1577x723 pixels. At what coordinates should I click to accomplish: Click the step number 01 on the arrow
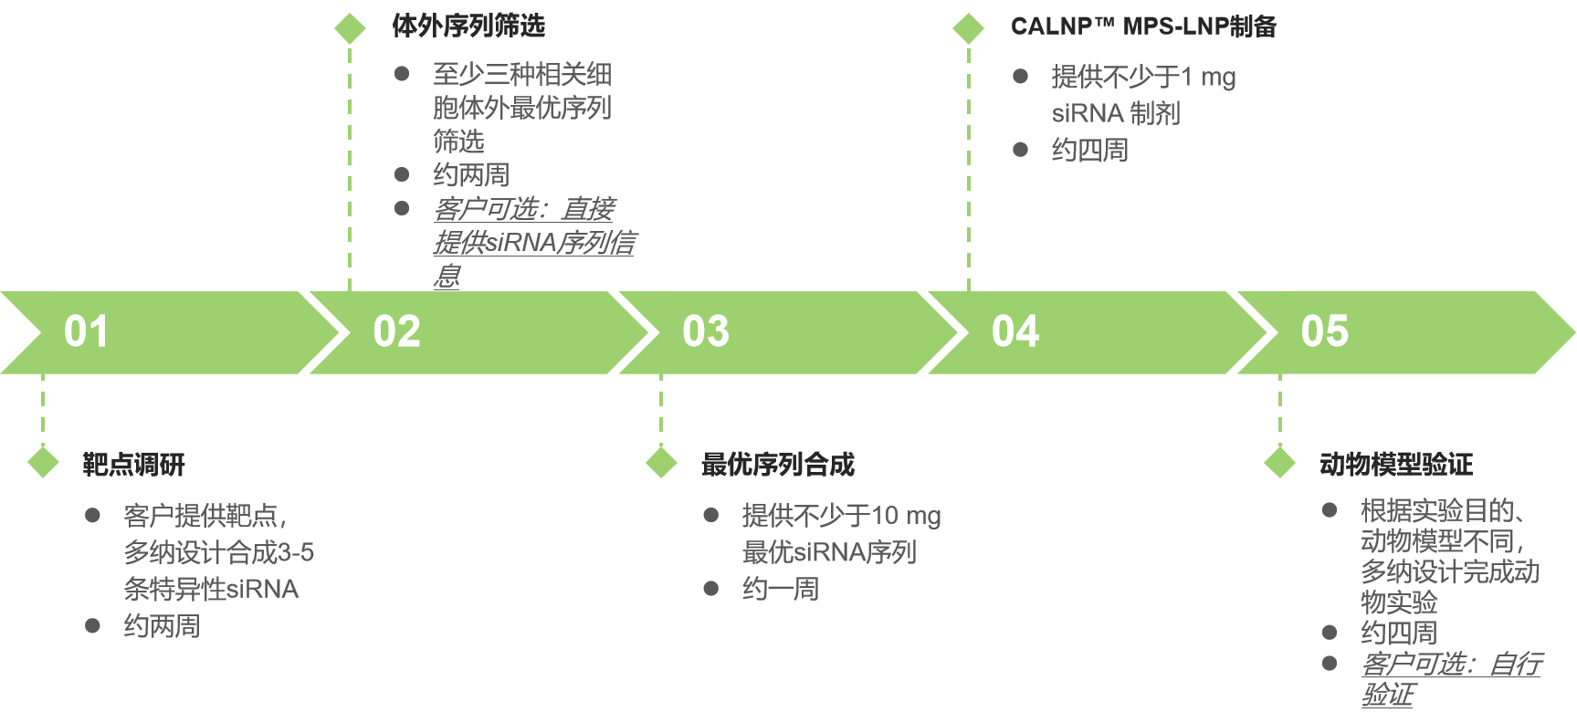[86, 331]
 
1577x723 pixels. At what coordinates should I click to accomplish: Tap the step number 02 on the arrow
[396, 331]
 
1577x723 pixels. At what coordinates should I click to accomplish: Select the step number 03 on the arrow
[706, 331]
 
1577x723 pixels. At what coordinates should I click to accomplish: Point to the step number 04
[1015, 331]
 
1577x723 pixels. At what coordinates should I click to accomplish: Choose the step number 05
[1324, 331]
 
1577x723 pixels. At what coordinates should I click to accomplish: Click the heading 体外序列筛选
[468, 26]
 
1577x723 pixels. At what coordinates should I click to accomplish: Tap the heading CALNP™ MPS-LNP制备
[1143, 26]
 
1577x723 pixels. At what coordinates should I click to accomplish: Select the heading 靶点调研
[134, 465]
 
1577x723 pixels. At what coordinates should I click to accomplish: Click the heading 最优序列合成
[778, 465]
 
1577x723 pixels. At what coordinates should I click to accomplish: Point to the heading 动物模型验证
[1396, 465]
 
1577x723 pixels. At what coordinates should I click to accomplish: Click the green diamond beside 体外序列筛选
[350, 28]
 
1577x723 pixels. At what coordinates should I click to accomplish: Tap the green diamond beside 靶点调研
[43, 463]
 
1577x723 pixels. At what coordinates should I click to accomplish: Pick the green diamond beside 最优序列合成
[661, 463]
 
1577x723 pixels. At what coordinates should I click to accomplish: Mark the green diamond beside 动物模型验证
[1280, 463]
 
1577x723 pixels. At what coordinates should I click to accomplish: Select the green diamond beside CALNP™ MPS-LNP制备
[969, 28]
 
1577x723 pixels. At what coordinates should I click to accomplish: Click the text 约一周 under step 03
[781, 590]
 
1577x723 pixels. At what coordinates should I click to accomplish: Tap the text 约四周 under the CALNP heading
[1089, 150]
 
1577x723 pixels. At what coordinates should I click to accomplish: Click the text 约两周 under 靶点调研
[162, 626]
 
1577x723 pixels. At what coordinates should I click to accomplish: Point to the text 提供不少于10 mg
[841, 517]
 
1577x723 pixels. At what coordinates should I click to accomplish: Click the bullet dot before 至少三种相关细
[402, 74]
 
